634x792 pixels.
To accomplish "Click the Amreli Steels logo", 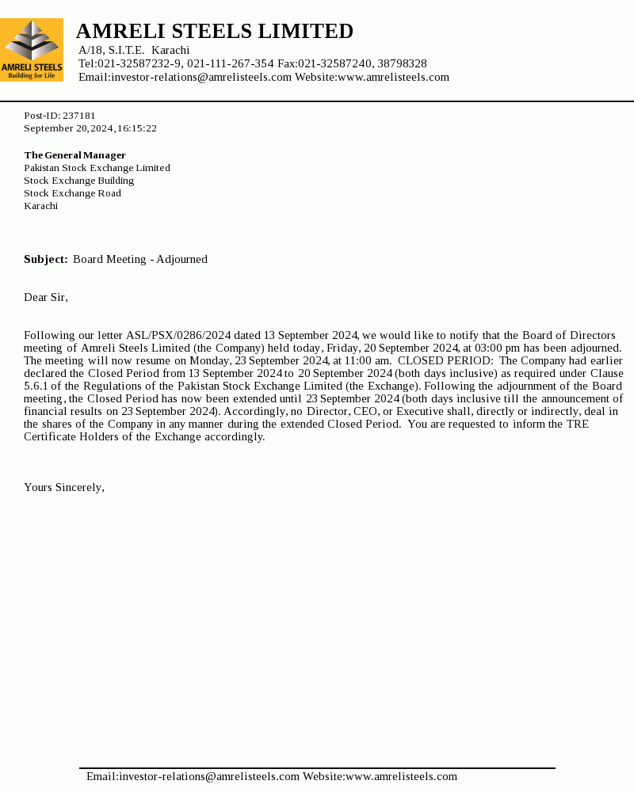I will pyautogui.click(x=32, y=50).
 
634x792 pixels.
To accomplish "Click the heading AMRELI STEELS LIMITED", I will pyautogui.click(x=215, y=31).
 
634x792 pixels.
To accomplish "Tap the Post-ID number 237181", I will pyautogui.click(x=79, y=116).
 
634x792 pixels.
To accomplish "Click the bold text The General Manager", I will pyautogui.click(x=74, y=155).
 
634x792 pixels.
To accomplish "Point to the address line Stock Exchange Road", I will pyautogui.click(x=72, y=193).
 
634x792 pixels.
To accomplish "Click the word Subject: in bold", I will pyautogui.click(x=45, y=259).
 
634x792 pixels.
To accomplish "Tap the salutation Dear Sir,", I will pyautogui.click(x=46, y=297).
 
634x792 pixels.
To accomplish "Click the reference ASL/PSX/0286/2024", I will pyautogui.click(x=178, y=335).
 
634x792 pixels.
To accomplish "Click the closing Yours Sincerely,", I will pyautogui.click(x=64, y=487).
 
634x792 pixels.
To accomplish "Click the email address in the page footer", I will pyautogui.click(x=193, y=776).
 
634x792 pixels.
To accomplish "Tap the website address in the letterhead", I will pyautogui.click(x=393, y=77).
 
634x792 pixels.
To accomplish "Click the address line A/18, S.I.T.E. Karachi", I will pyautogui.click(x=134, y=50).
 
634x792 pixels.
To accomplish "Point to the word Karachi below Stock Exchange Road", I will pyautogui.click(x=40, y=206).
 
